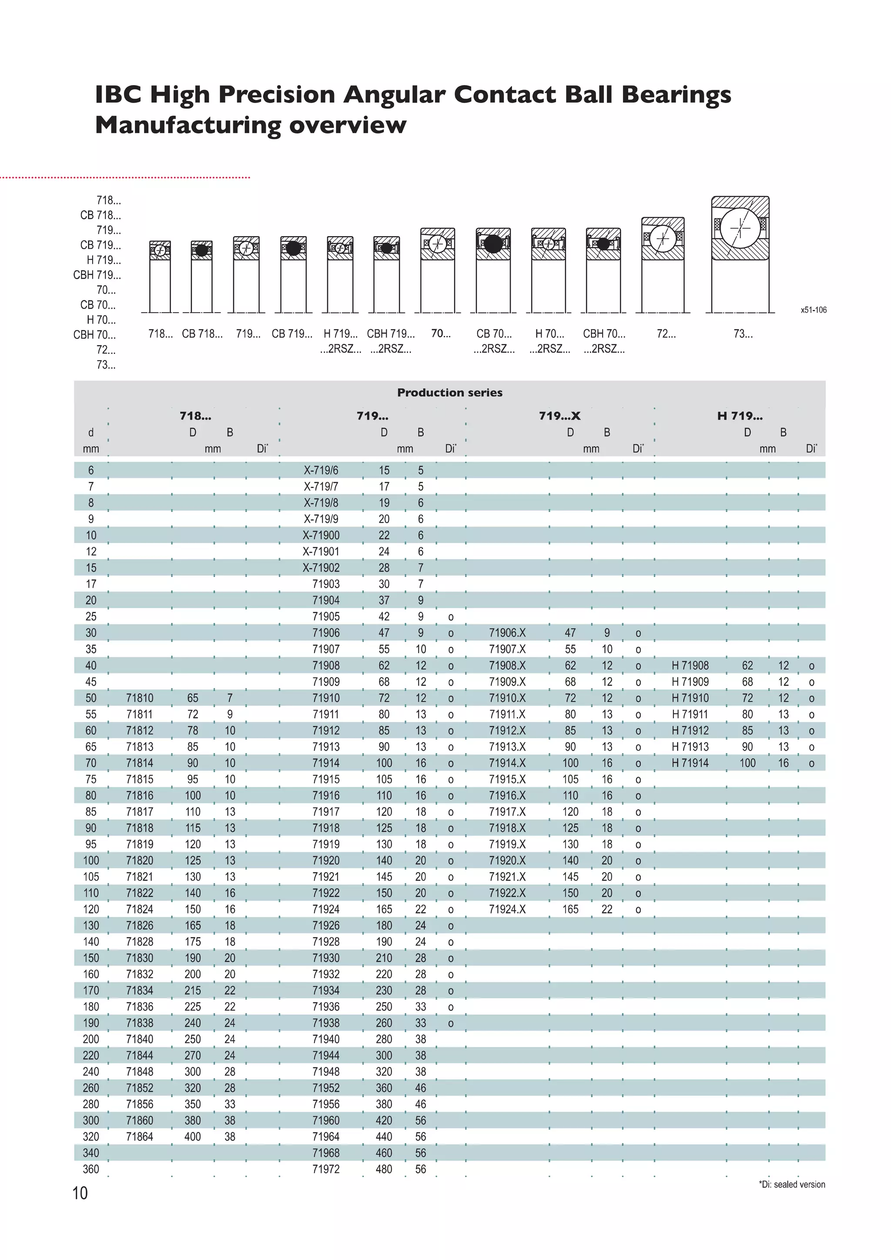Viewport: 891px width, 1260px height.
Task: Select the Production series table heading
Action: tap(449, 392)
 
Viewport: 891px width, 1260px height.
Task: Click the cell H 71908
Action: tap(690, 666)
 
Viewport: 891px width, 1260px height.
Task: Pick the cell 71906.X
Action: tap(507, 633)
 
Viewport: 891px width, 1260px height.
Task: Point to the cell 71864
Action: tap(140, 1137)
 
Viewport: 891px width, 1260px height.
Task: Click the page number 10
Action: tap(80, 1193)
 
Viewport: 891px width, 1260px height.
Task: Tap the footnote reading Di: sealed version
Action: tap(792, 1184)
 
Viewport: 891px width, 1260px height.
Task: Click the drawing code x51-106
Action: tap(813, 310)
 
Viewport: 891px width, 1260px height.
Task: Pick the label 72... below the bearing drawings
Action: tap(666, 333)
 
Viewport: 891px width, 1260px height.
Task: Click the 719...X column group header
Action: tap(559, 416)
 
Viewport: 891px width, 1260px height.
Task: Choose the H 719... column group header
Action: tap(740, 416)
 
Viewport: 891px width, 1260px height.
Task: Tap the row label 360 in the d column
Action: tap(90, 1169)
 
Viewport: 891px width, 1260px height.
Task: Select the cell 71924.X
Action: tap(507, 909)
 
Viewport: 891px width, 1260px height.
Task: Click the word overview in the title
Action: tap(348, 125)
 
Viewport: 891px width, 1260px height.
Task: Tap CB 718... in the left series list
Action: tap(100, 215)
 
